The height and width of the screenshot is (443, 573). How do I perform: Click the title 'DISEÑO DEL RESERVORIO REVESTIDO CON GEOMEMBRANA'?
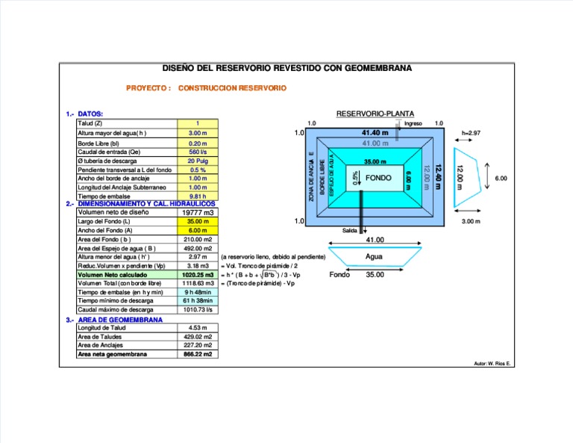click(x=286, y=68)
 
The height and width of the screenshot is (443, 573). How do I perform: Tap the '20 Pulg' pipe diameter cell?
click(x=198, y=161)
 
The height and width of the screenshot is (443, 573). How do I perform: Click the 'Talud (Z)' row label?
click(x=90, y=123)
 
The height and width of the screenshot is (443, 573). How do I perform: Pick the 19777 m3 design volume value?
click(x=198, y=212)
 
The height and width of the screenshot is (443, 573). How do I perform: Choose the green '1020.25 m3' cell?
click(x=198, y=275)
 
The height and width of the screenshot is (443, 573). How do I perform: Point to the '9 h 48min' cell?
click(x=198, y=292)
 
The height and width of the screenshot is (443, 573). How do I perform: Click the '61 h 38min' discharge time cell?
click(x=198, y=300)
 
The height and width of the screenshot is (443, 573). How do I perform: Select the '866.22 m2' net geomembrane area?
click(x=198, y=354)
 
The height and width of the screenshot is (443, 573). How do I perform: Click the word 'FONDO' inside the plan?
click(x=378, y=179)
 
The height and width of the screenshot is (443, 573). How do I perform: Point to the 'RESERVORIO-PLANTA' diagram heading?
click(x=375, y=114)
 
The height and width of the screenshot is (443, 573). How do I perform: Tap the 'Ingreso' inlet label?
click(x=413, y=123)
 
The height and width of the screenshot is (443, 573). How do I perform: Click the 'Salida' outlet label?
click(x=350, y=231)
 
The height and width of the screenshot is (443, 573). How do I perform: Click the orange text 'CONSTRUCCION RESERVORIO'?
click(x=233, y=88)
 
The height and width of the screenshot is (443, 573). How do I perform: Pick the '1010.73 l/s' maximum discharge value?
click(x=198, y=309)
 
